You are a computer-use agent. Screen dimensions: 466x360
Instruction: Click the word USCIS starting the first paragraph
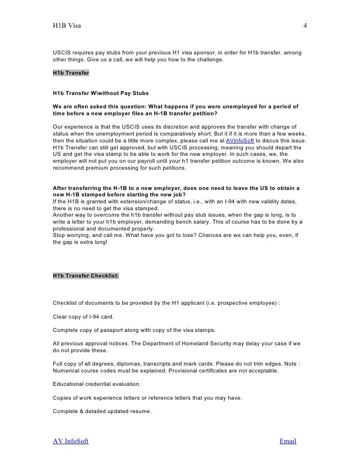[x=62, y=52]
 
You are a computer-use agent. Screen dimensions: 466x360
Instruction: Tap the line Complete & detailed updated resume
[x=102, y=411]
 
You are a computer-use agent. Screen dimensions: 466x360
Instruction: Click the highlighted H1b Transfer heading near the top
[x=71, y=73]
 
